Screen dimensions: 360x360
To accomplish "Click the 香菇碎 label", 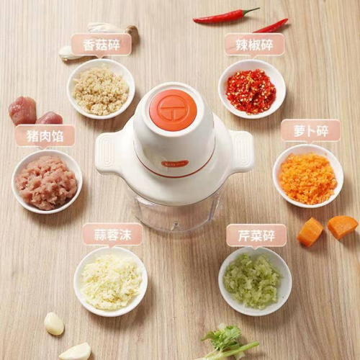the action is point(102,45).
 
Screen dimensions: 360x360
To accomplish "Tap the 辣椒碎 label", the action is point(254,45).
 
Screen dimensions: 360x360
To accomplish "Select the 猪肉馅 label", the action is point(45,136).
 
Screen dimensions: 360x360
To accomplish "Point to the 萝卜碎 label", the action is point(311,131).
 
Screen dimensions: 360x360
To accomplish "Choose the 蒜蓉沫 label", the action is point(112,235).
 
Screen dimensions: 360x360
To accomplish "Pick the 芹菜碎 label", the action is point(256,235).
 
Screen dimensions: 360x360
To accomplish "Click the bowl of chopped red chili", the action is point(252,89).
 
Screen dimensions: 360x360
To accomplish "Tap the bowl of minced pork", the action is point(47,181).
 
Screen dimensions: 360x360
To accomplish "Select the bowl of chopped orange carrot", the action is point(308,176).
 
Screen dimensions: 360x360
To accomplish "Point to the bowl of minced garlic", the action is point(111,281).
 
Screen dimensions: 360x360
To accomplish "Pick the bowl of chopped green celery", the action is point(255,282).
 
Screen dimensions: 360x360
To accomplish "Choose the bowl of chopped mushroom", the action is point(101,89).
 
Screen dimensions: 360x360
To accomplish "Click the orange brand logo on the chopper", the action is point(175,163).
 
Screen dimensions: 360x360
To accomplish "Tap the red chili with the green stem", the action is point(226,15).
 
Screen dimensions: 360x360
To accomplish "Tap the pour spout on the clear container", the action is point(176,226).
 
